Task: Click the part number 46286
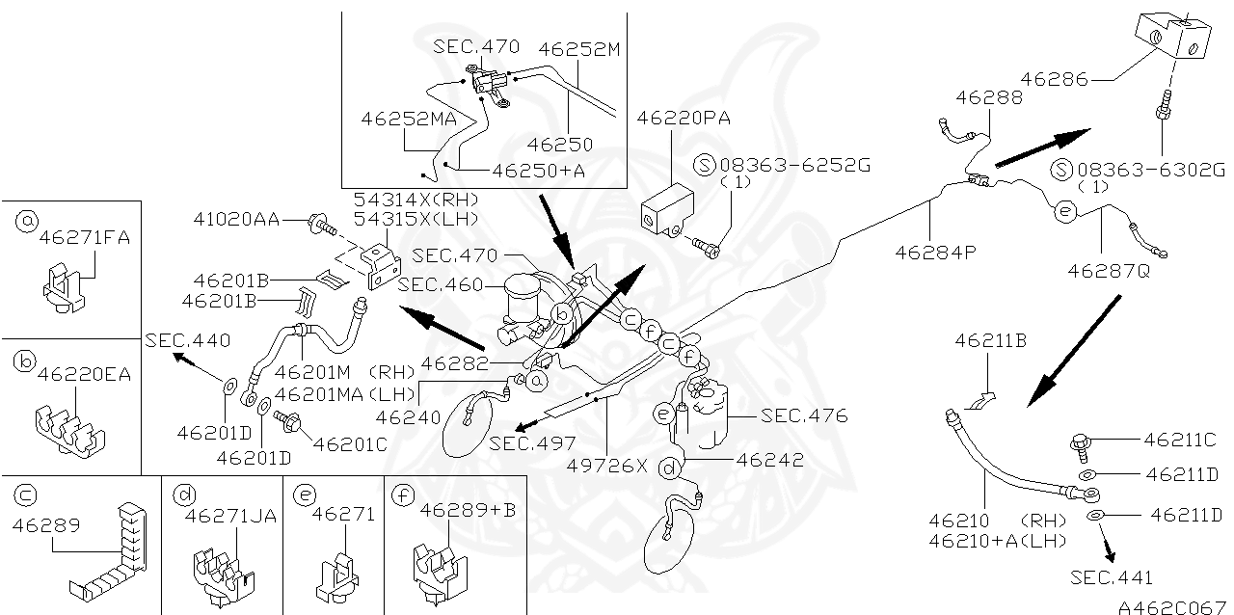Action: point(1055,80)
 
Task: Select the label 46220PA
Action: point(683,119)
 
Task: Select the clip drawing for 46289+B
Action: point(440,568)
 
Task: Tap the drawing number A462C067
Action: point(1170,606)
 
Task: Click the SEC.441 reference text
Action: point(1112,577)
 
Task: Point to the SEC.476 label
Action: point(804,416)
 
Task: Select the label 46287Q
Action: point(1108,271)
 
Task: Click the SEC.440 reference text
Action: point(188,340)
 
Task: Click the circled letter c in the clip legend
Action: point(26,495)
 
